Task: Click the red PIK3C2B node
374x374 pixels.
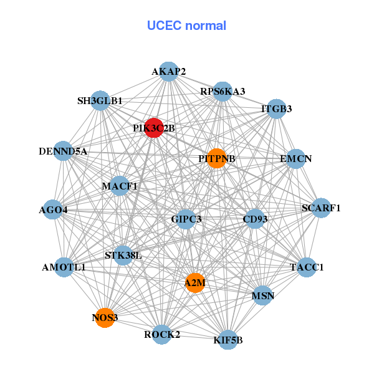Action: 153,128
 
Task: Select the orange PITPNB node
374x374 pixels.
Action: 216,158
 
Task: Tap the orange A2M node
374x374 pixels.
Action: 195,283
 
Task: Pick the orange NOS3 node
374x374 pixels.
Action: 105,318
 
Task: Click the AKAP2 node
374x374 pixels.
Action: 168,72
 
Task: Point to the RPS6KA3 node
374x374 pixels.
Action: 223,91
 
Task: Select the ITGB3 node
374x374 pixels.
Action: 276,109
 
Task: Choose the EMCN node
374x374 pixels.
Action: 295,158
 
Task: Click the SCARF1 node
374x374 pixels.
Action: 320,208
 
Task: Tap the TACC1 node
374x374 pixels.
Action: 307,267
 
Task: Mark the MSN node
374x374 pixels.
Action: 262,295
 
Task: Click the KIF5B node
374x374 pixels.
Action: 228,340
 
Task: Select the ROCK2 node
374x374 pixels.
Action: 161,334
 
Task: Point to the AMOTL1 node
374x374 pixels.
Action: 64,267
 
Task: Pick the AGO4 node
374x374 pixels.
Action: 53,210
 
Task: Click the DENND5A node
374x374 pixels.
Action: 63,151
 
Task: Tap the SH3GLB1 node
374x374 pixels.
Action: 100,100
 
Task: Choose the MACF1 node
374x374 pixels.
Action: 120,186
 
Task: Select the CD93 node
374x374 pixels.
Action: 255,219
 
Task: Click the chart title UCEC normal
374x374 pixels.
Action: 186,26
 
